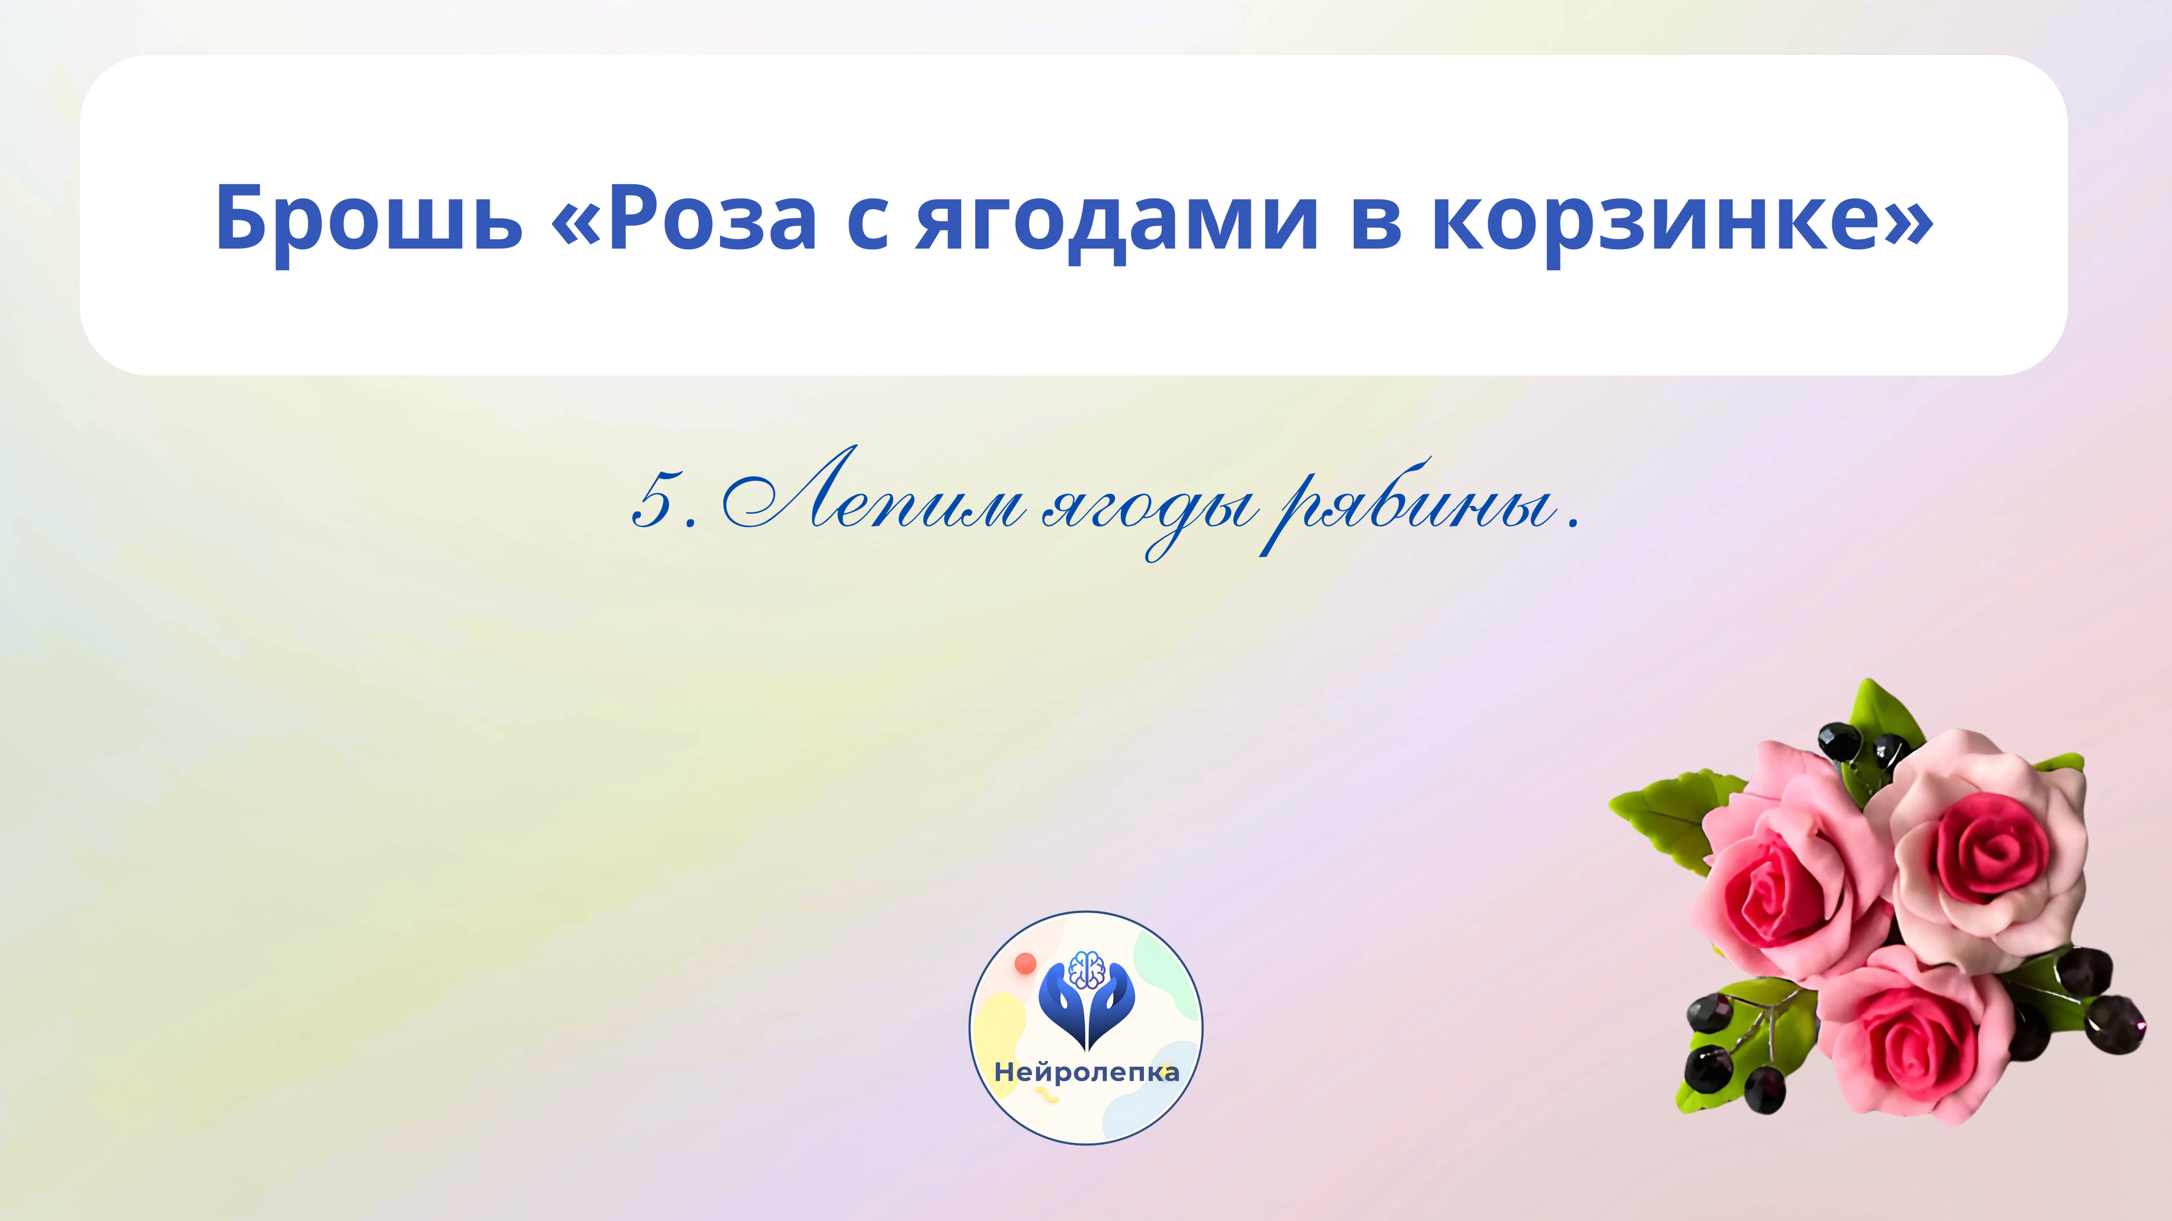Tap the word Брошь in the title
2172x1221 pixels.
tap(368, 217)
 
